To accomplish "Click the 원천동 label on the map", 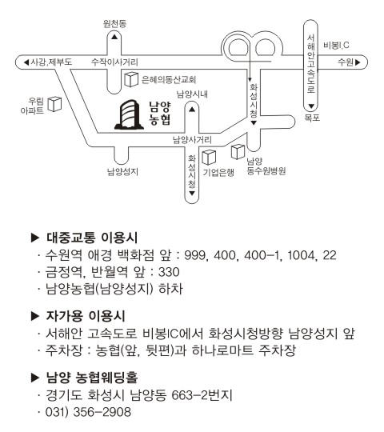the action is coord(114,24).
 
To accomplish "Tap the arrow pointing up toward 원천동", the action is coord(114,37).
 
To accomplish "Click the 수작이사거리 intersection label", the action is coord(114,62).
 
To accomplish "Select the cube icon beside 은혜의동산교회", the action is coord(131,79).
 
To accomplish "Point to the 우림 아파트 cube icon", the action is coord(54,104).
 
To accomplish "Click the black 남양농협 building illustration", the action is coord(129,115).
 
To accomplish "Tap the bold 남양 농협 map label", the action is coord(160,114).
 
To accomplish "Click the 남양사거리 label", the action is coord(192,140).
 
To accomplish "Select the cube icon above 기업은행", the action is coord(209,158).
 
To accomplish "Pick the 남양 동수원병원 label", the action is coord(266,166).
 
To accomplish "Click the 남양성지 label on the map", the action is coord(122,172).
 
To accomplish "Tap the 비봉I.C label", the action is coord(336,45).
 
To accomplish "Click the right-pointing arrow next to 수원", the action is coord(358,62).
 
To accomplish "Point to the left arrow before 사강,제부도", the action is coord(26,62).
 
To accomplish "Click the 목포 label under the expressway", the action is coord(312,118).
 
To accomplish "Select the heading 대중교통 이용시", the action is coord(92,238).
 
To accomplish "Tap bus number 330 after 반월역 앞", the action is coord(169,272).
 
